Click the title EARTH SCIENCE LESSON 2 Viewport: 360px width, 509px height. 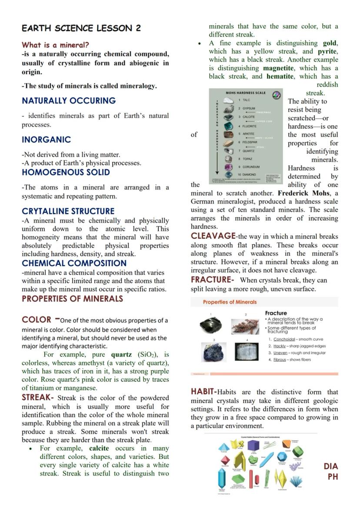click(x=81, y=28)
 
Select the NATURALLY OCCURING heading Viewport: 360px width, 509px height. click(x=69, y=100)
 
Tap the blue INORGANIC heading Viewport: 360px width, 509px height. click(x=46, y=140)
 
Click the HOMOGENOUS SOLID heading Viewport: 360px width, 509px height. click(x=66, y=172)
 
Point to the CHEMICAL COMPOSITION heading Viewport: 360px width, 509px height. click(x=74, y=263)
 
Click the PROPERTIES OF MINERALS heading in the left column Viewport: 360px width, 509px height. click(x=72, y=299)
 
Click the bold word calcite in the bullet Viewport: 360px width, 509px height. click(x=99, y=448)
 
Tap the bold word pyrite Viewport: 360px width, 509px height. click(x=327, y=51)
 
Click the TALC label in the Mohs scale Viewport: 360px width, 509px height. click(x=246, y=100)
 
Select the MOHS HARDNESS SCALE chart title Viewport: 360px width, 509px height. click(x=245, y=93)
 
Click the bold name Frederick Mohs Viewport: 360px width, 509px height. click(x=307, y=193)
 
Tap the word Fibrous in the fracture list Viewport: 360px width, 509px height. click(x=280, y=359)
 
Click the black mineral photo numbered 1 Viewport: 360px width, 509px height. click(x=210, y=325)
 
